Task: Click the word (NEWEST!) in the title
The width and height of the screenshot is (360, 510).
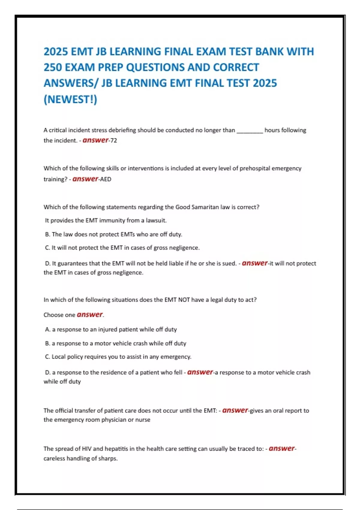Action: (x=70, y=99)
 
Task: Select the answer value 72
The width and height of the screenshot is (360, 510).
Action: (x=114, y=140)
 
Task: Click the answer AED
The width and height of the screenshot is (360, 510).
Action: (x=106, y=179)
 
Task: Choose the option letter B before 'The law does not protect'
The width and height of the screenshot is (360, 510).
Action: (x=47, y=234)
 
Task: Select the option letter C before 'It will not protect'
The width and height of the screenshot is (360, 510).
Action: (x=47, y=248)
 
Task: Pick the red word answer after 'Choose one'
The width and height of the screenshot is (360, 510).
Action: (x=90, y=314)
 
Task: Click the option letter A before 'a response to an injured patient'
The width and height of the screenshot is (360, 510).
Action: (x=47, y=329)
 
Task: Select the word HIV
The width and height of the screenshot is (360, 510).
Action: (x=86, y=449)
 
